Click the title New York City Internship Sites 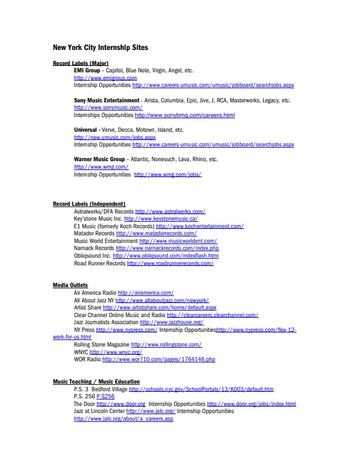[x=100, y=47]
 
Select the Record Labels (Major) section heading [x=81, y=63]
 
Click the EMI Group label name [x=87, y=70]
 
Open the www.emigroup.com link [x=105, y=78]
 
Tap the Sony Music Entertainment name [x=106, y=100]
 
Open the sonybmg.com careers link [x=184, y=115]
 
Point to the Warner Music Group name [x=99, y=159]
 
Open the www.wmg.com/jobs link [x=168, y=175]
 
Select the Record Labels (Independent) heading [x=89, y=204]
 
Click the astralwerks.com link [x=170, y=211]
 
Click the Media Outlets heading [x=70, y=285]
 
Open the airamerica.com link [x=145, y=292]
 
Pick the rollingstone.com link [x=166, y=345]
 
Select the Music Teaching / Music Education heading [x=96, y=382]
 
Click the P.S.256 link [x=105, y=397]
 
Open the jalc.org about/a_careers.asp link [x=124, y=419]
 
